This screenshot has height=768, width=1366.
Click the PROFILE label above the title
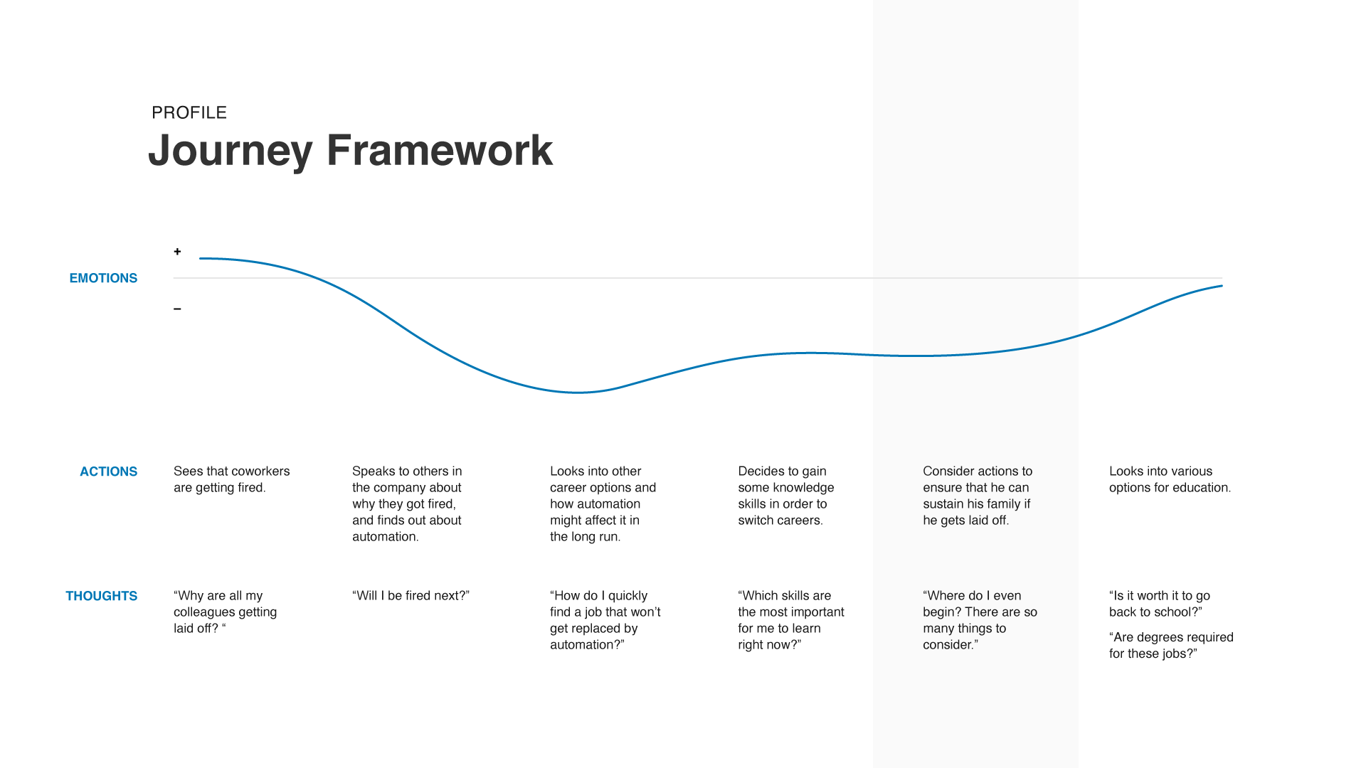pos(189,112)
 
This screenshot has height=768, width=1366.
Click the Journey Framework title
pos(350,150)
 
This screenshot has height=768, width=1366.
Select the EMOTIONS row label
pos(103,278)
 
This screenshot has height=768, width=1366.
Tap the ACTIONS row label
pos(108,471)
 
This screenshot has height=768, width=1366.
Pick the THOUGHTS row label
pos(101,596)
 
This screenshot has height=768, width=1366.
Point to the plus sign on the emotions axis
pos(177,252)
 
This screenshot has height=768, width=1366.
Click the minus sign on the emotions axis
pos(177,309)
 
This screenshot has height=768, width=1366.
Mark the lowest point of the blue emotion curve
pos(578,392)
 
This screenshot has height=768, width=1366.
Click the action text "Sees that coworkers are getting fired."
pos(231,479)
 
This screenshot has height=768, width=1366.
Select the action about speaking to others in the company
pos(407,503)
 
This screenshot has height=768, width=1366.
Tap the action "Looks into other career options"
pos(603,503)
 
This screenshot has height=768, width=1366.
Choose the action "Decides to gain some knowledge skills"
pos(785,496)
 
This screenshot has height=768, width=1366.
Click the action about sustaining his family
pos(977,496)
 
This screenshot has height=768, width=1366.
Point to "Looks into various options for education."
pos(1170,479)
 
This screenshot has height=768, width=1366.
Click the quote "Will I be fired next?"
pos(411,596)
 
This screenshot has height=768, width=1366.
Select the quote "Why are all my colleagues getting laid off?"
pos(225,612)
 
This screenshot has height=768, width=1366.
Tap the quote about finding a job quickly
pos(605,620)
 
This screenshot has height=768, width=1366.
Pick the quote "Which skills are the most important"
pos(790,620)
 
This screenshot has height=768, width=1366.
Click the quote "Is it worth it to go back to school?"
pos(1159,604)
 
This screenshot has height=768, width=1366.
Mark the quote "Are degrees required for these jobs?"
pos(1170,646)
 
